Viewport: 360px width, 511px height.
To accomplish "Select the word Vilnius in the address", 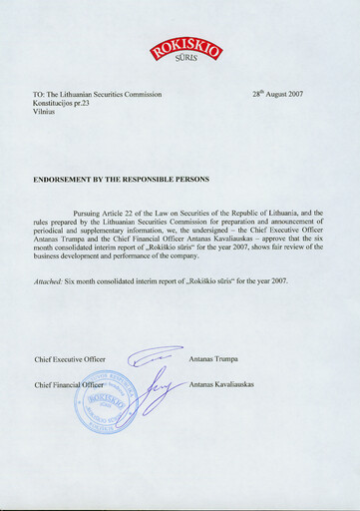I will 46,113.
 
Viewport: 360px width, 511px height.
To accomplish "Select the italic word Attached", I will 50,280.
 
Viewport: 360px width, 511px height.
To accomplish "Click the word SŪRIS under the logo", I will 185,64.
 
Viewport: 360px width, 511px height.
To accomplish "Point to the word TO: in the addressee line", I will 39,95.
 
